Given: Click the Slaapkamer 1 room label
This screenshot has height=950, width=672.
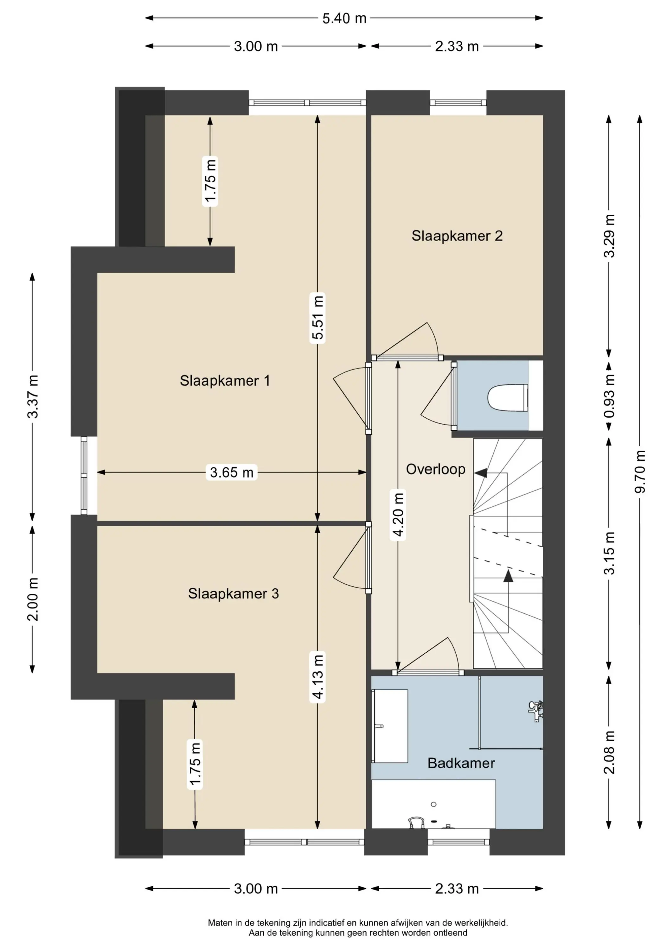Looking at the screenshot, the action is coord(225,381).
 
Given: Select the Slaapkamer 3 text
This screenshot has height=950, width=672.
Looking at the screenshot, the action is coord(234,594).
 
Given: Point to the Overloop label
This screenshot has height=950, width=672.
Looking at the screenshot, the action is coord(436,469).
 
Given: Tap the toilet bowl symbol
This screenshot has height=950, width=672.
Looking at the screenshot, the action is coord(508,398).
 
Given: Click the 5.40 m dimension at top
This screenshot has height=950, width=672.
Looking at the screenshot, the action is coord(344,18).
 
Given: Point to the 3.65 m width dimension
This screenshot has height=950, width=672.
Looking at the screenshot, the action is coord(232,472).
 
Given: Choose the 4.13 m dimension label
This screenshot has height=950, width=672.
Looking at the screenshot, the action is coord(317,677).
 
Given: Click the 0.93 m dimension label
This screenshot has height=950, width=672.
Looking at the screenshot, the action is coord(609,396).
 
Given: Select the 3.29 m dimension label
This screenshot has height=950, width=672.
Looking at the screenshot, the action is coord(609,236).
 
